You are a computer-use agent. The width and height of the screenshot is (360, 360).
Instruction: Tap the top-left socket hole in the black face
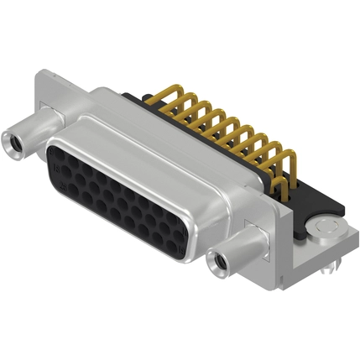tap(57, 155)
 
